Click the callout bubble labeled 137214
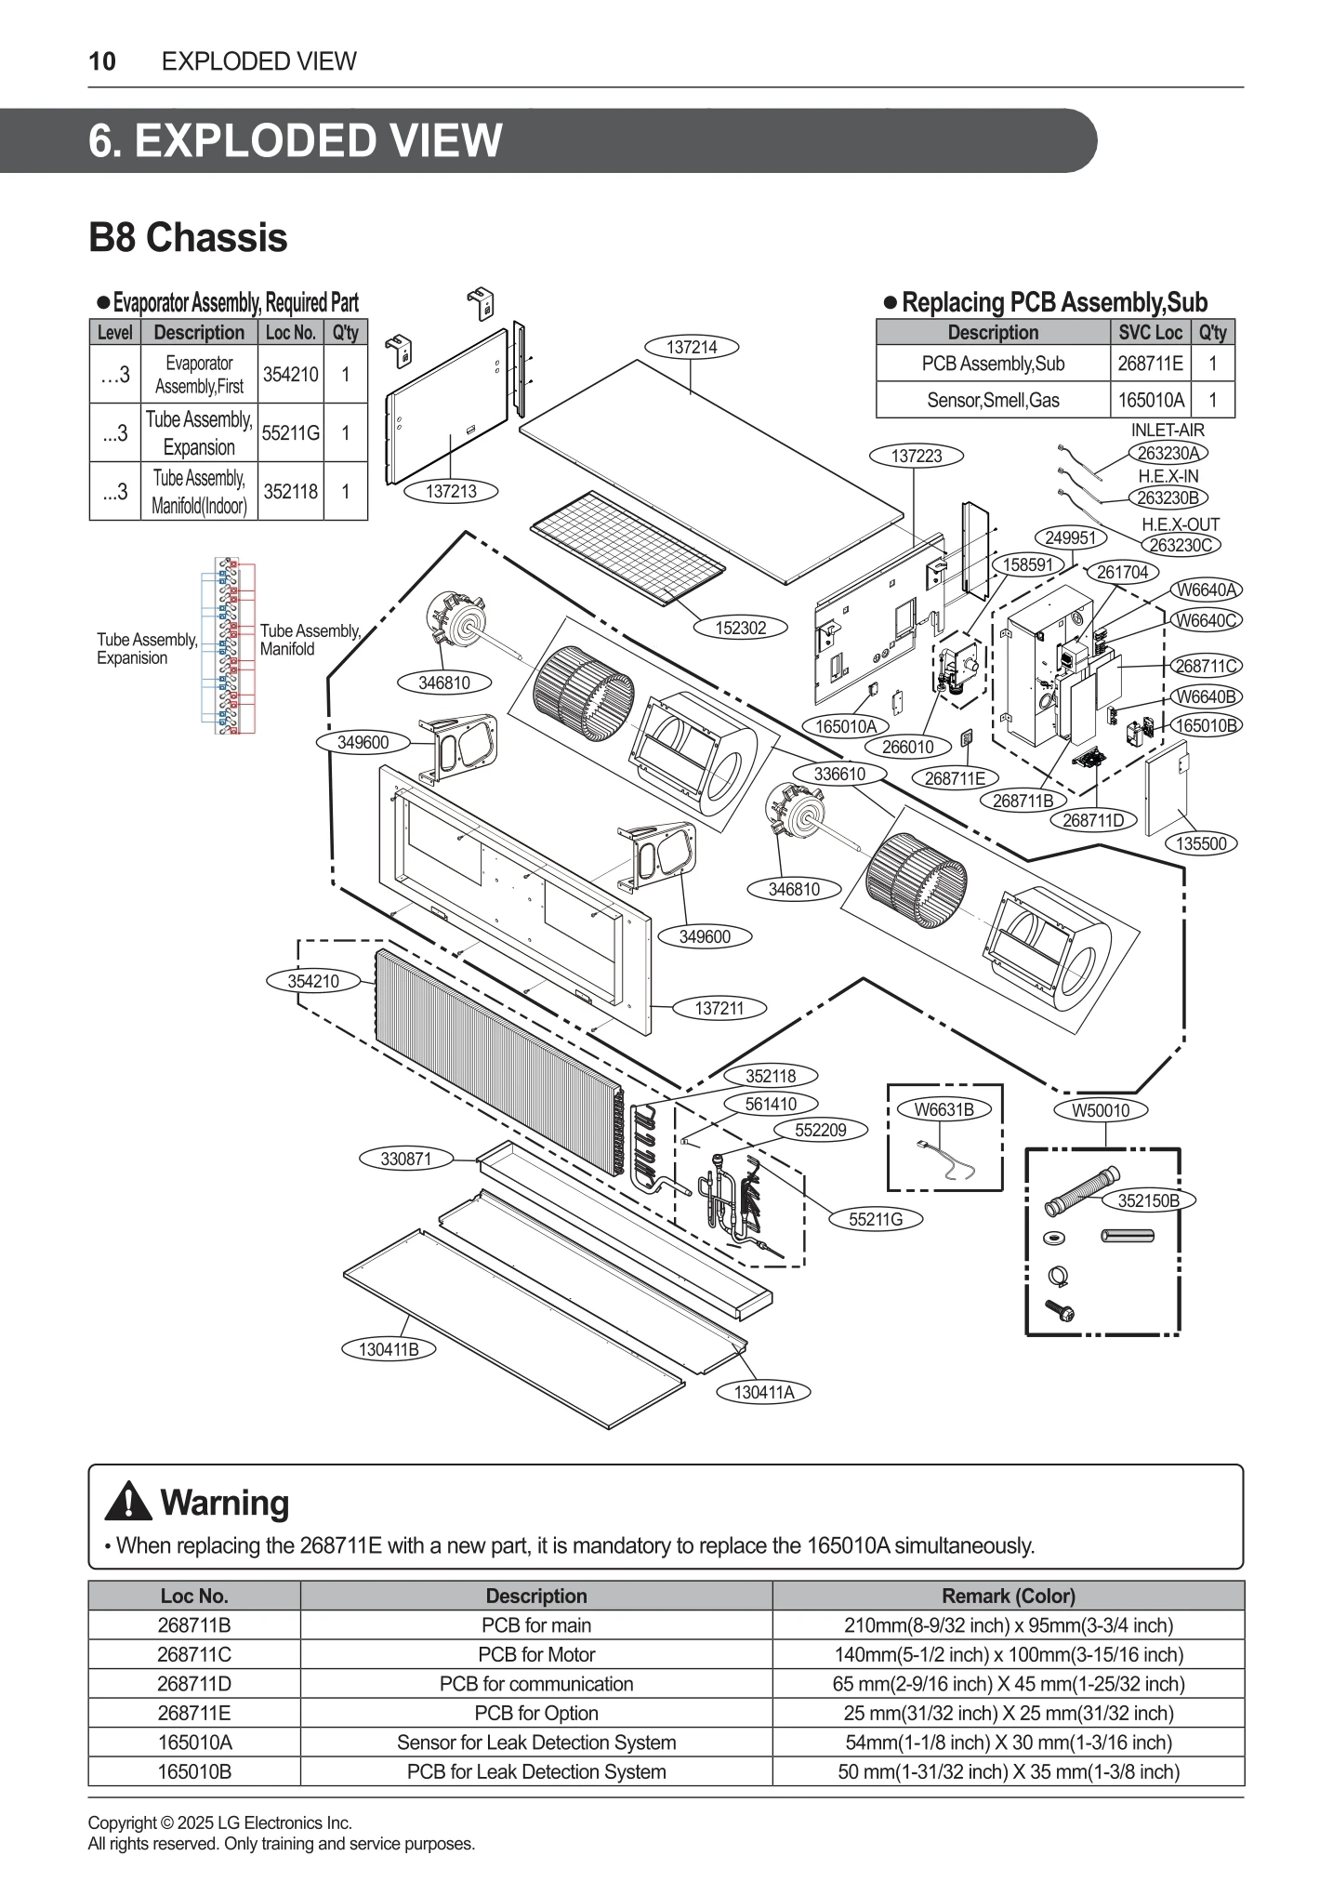(x=692, y=348)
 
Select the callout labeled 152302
(x=741, y=628)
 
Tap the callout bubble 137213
(x=451, y=492)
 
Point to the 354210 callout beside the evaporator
(x=313, y=981)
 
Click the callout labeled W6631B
(x=944, y=1109)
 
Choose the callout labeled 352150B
(x=1148, y=1200)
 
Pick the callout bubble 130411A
(x=764, y=1392)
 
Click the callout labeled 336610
(x=839, y=774)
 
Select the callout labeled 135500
(x=1201, y=843)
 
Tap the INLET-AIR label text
(x=1167, y=431)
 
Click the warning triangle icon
(x=128, y=1502)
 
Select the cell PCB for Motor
(x=536, y=1654)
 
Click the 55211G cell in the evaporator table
(x=290, y=432)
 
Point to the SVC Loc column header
(x=1150, y=333)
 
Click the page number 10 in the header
(x=102, y=61)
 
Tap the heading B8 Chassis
(x=188, y=237)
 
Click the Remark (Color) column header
(x=1008, y=1596)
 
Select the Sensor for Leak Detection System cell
(x=536, y=1742)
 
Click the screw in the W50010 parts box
(x=1060, y=1310)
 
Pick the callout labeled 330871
(x=406, y=1159)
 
